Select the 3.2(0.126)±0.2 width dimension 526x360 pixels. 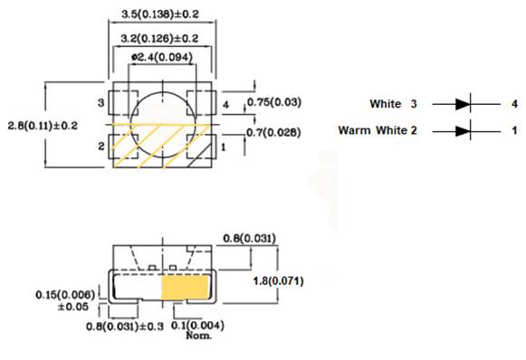click(162, 38)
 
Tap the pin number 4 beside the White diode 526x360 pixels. click(513, 104)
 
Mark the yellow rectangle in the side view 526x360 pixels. click(185, 288)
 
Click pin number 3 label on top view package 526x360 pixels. click(101, 104)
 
